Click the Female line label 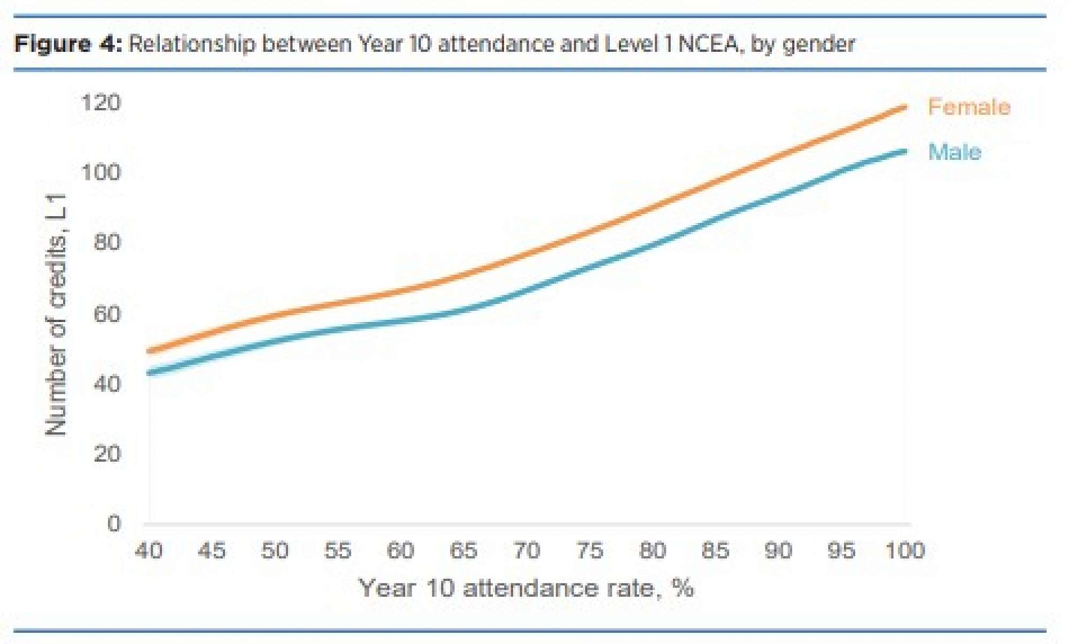coord(969,107)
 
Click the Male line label coord(955,152)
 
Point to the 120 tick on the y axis coord(101,102)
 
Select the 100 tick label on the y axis coord(101,172)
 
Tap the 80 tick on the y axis coord(107,242)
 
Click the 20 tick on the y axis coord(107,454)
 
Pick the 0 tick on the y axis coord(114,523)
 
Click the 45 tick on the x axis coord(212,550)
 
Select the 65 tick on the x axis coord(463,550)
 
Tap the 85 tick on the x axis coord(715,550)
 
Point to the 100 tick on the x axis coord(904,550)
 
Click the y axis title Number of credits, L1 coord(56,315)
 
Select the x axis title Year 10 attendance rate coord(526,588)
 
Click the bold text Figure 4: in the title coord(68,44)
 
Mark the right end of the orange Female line coord(905,108)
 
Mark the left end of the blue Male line coord(149,373)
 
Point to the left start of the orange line coord(149,351)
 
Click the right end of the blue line coord(905,151)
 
